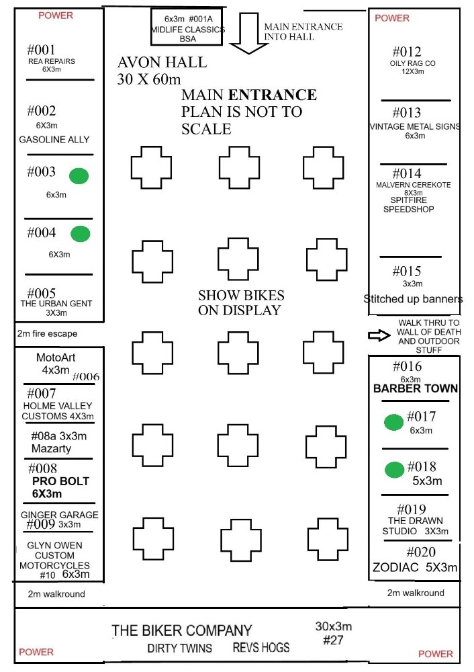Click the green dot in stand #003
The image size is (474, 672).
pyautogui.click(x=80, y=176)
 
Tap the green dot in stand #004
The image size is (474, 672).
pyautogui.click(x=81, y=234)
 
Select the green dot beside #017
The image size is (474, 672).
pyautogui.click(x=393, y=422)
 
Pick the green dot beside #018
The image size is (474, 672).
pyautogui.click(x=393, y=468)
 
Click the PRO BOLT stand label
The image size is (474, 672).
pyautogui.click(x=60, y=481)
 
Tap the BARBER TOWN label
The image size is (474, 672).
pyautogui.click(x=416, y=388)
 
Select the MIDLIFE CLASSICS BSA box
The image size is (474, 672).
pyautogui.click(x=186, y=29)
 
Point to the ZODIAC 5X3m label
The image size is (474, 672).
pyautogui.click(x=415, y=567)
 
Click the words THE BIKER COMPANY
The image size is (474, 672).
pyautogui.click(x=181, y=630)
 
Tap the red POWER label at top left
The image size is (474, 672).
pyautogui.click(x=56, y=15)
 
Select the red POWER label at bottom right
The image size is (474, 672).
pyautogui.click(x=435, y=653)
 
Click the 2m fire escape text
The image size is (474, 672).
pyautogui.click(x=48, y=333)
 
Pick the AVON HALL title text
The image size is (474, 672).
pyautogui.click(x=162, y=63)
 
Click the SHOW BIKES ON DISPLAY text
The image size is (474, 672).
pyautogui.click(x=240, y=302)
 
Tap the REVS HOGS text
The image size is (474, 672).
pyautogui.click(x=261, y=648)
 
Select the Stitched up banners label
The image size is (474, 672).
pyautogui.click(x=413, y=299)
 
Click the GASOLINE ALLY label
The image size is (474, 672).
pyautogui.click(x=54, y=140)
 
